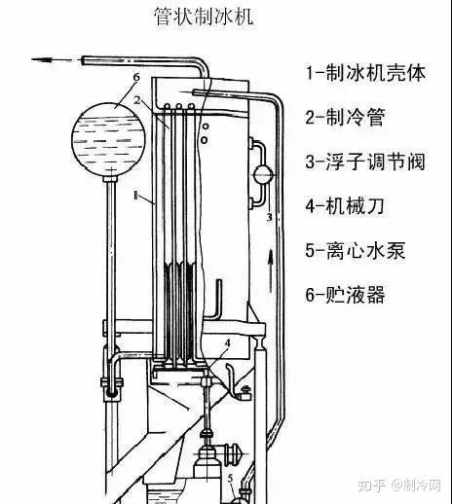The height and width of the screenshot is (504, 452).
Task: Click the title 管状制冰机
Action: [204, 17]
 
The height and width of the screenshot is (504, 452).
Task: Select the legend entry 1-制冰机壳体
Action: [365, 73]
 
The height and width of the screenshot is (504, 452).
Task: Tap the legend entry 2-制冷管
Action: [345, 117]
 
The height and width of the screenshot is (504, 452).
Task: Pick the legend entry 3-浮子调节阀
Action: [365, 162]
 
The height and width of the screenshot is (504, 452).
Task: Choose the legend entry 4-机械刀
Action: [345, 206]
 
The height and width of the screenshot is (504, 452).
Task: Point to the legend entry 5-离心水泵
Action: [356, 250]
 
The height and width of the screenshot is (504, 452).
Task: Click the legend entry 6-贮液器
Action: [345, 295]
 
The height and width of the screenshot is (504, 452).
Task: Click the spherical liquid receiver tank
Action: [108, 139]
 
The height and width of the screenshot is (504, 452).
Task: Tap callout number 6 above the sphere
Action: [136, 77]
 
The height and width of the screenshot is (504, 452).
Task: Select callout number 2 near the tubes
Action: [137, 100]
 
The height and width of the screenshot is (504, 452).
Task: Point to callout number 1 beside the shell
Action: [135, 196]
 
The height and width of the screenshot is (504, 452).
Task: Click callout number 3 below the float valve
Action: [269, 217]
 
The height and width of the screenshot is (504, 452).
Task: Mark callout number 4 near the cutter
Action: [227, 343]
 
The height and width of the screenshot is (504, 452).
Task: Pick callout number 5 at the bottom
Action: [231, 479]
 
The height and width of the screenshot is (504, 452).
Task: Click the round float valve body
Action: [263, 175]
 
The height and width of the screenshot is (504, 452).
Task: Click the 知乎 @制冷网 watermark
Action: [399, 486]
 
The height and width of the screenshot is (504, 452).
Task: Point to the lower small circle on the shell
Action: [205, 140]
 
